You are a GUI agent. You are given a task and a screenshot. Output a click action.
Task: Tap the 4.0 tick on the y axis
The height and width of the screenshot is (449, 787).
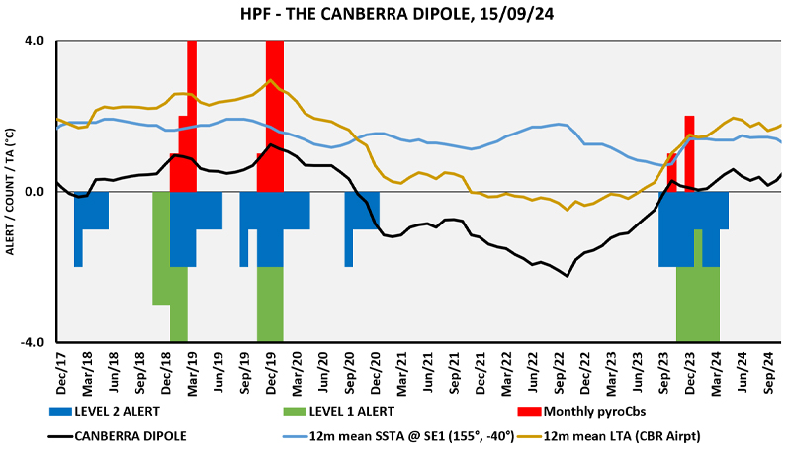(x=34, y=42)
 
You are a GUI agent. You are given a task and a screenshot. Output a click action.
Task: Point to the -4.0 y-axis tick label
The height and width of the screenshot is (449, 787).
(x=33, y=342)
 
